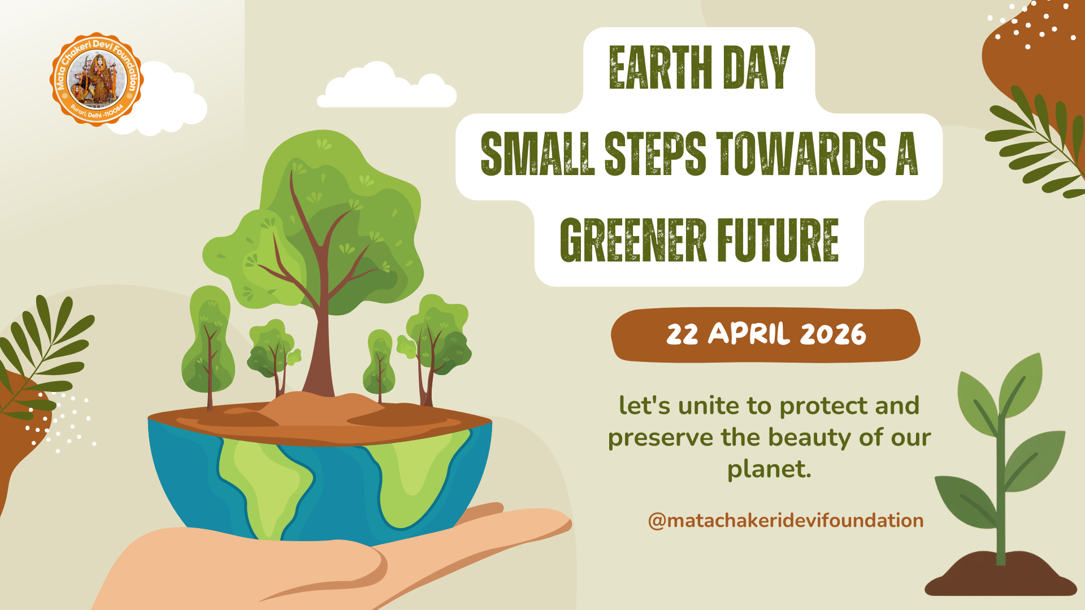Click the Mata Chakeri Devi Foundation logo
point(97,79)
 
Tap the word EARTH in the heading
point(661,68)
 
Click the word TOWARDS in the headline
point(801,154)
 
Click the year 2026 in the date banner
point(833,334)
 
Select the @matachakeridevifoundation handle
point(785,520)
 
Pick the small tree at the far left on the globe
point(208,345)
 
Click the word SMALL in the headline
point(537,154)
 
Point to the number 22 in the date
point(682,334)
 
